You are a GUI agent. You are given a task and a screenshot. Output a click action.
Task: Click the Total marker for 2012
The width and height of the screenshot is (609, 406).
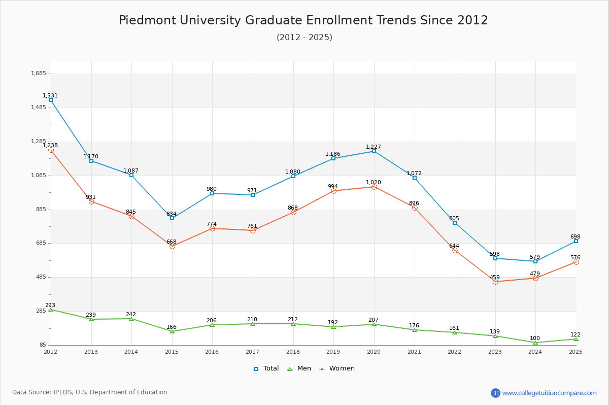(51, 100)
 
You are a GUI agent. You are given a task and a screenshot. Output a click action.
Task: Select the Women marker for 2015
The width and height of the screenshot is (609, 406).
(172, 246)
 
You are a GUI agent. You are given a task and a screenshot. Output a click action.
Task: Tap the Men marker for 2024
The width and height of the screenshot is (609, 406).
(535, 343)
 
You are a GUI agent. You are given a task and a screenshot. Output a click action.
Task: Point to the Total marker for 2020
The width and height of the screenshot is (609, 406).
(374, 151)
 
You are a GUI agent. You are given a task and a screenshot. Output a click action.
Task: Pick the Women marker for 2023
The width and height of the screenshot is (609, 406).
(495, 282)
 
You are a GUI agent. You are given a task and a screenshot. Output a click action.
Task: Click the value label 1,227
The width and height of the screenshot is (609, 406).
(374, 147)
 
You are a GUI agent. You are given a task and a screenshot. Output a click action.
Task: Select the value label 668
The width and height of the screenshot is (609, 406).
(172, 242)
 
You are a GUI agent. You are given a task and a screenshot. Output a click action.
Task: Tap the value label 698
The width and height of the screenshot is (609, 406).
(576, 236)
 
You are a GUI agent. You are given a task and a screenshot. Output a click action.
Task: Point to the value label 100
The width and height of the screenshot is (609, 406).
(535, 338)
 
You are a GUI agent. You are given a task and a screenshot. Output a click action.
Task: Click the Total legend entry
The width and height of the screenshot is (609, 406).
(266, 368)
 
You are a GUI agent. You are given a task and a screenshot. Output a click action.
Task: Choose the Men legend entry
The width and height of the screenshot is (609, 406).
(299, 368)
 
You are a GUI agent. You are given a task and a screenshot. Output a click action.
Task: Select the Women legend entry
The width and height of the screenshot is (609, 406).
(337, 368)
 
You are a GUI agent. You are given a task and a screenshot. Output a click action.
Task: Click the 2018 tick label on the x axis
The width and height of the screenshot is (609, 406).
(293, 352)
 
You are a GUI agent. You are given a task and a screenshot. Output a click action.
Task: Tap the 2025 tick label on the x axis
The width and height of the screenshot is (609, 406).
(576, 352)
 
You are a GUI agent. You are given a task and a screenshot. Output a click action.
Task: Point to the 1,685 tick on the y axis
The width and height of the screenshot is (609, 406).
(39, 73)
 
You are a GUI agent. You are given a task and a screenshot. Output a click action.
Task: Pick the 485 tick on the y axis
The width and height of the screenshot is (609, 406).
(41, 277)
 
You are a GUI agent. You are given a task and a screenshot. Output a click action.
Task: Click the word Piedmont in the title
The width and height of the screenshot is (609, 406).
(148, 20)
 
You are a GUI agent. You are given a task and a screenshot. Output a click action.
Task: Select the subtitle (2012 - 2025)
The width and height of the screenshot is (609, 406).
(304, 37)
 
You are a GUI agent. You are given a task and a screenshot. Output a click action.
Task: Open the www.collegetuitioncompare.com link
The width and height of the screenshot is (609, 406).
(549, 393)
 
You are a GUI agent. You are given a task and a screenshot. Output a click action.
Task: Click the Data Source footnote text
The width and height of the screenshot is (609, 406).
(90, 392)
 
